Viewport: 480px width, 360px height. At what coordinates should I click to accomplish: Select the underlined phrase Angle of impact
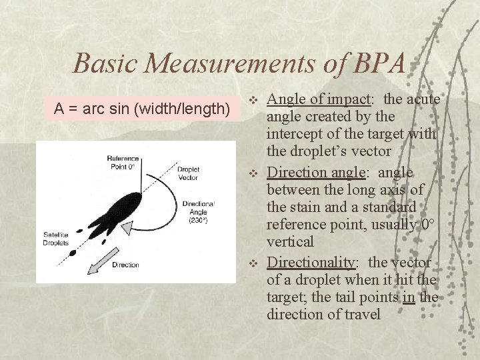click(318, 99)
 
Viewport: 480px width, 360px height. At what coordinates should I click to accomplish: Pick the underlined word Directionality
click(315, 263)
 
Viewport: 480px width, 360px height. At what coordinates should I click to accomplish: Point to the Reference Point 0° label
click(123, 162)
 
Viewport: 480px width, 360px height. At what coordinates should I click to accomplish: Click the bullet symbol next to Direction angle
click(253, 173)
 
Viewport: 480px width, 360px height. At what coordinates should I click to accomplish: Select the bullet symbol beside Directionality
click(253, 264)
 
